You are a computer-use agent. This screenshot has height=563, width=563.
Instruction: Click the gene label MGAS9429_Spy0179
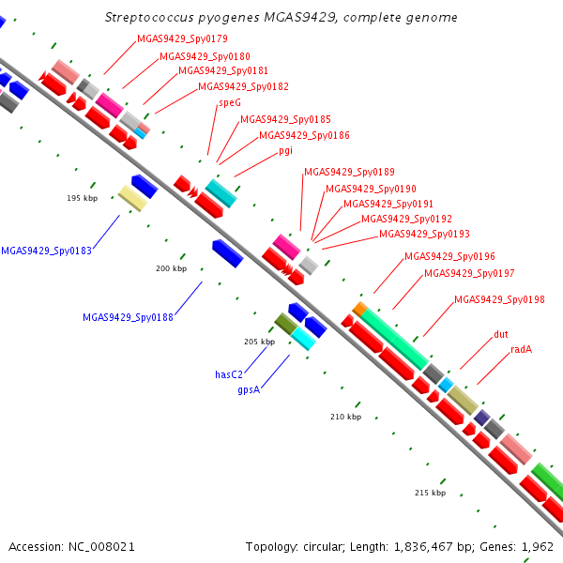point(182,38)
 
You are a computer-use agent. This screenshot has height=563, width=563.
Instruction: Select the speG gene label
point(230,103)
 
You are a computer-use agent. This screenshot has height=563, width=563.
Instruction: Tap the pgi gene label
point(286,151)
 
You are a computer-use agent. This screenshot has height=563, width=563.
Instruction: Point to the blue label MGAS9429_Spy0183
point(47,251)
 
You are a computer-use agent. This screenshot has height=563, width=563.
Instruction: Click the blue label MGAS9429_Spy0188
point(128,317)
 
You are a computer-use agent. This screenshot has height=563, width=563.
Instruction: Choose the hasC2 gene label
point(229,374)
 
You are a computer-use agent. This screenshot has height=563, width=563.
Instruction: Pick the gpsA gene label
point(249,390)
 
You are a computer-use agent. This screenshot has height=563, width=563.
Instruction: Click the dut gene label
point(501,334)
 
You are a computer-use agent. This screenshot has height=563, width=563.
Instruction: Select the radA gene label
point(522,349)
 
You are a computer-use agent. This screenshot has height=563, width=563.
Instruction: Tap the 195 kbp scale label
point(83,198)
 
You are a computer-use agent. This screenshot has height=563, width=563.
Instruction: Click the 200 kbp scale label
point(172,268)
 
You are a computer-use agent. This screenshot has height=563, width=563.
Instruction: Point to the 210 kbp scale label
point(345,417)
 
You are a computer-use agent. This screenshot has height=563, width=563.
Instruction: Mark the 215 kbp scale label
point(430,493)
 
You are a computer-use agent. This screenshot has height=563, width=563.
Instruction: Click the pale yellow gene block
point(132,198)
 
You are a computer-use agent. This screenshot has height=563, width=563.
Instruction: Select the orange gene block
point(359,309)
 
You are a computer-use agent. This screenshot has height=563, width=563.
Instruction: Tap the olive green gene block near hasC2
point(286,324)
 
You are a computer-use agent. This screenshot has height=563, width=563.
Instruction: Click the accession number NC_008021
point(101,547)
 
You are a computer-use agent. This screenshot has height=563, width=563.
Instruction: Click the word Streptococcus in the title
point(149,18)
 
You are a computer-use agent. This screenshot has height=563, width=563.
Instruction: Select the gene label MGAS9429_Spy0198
point(499,299)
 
